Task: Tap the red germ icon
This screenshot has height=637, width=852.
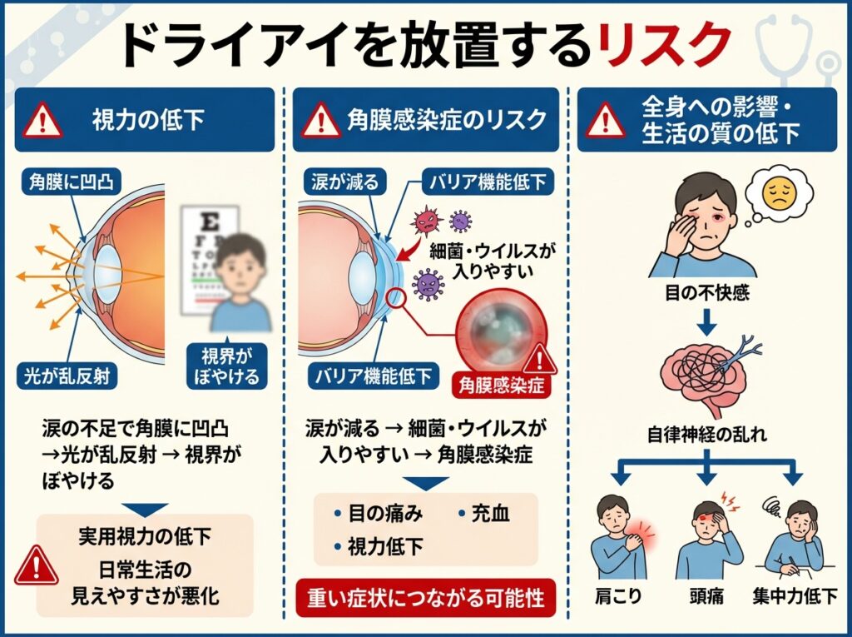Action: (426, 219)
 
